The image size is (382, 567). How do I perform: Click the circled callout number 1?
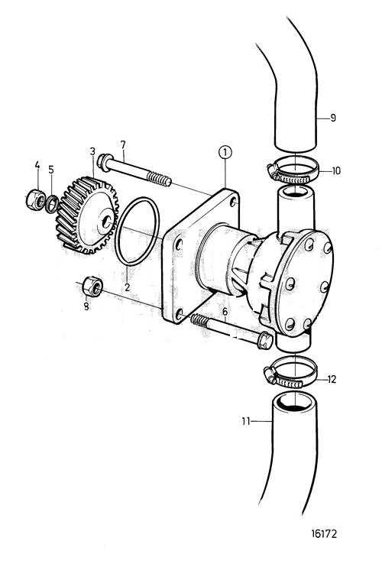(225, 153)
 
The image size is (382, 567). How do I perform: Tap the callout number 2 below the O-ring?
(128, 287)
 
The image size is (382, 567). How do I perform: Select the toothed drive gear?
(88, 215)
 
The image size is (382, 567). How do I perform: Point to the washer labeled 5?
(52, 203)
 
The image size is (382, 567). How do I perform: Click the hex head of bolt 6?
(265, 340)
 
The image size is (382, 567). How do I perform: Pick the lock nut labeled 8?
(92, 287)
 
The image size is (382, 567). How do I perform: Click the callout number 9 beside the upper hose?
(333, 118)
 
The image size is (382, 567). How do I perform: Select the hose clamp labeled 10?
(293, 171)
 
